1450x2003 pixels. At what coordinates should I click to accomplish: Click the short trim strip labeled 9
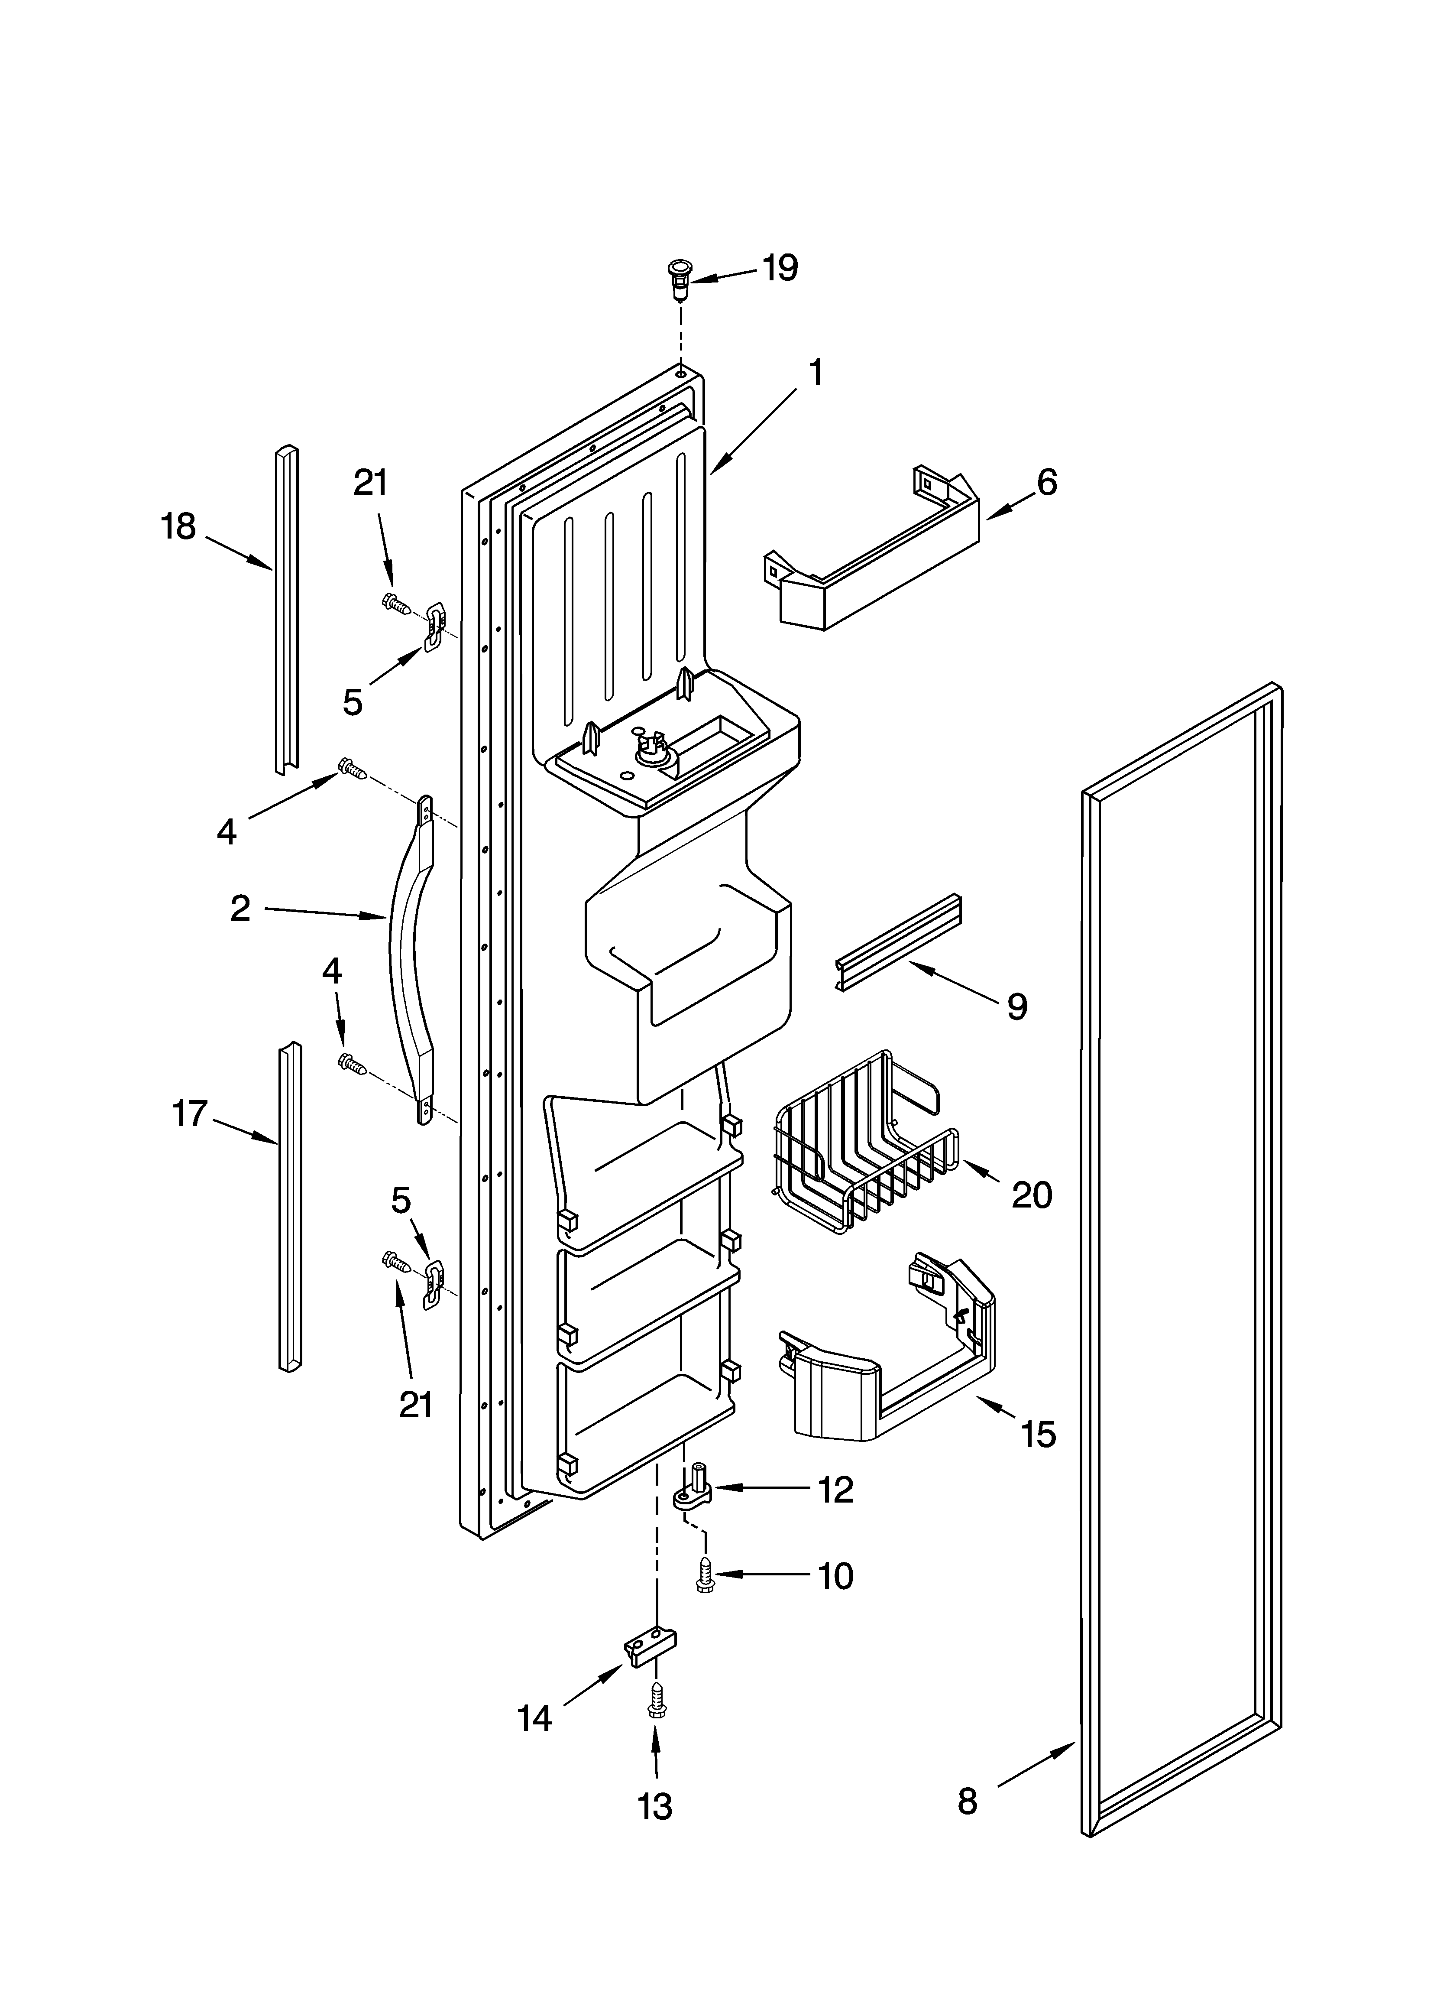pyautogui.click(x=897, y=944)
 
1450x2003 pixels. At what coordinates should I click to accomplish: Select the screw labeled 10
pyautogui.click(x=706, y=1574)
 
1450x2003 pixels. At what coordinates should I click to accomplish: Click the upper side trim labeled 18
pyautogui.click(x=285, y=609)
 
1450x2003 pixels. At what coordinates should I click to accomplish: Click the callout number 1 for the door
pyautogui.click(x=815, y=373)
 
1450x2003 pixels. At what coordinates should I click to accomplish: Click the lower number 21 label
pyautogui.click(x=416, y=1404)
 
